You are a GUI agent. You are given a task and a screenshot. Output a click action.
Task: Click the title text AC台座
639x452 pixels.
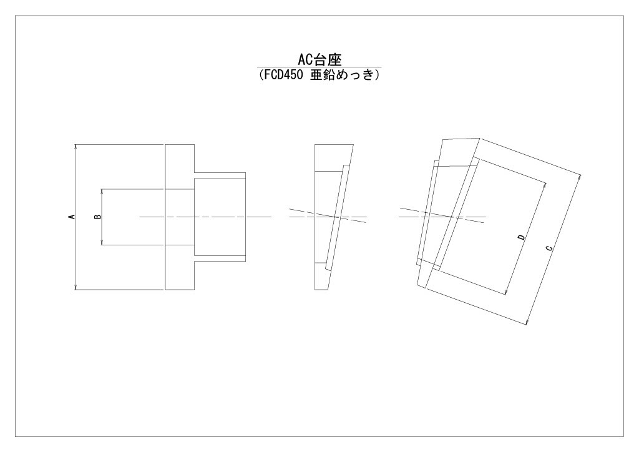pos(319,60)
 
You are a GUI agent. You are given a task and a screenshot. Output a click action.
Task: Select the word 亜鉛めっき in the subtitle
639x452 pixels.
pos(341,75)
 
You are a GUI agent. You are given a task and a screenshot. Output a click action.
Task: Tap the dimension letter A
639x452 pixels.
pos(72,217)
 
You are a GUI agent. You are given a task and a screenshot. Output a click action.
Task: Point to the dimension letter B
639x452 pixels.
pos(98,217)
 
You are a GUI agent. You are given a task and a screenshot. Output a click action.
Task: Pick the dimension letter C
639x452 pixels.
pos(549,247)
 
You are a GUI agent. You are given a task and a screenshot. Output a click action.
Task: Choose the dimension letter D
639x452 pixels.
pos(521,237)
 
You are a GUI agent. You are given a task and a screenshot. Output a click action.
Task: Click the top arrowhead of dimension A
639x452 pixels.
pos(76,147)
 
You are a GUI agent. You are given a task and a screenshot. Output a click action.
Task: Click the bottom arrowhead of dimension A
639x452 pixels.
pos(76,287)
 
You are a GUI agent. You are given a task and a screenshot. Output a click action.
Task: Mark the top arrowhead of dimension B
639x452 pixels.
pos(102,192)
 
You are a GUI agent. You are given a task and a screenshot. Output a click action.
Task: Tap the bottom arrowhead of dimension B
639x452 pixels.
pos(102,242)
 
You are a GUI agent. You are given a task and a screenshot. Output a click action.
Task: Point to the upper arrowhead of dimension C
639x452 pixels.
pos(579,177)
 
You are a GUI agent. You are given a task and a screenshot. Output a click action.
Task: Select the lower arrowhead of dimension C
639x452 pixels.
pos(527,322)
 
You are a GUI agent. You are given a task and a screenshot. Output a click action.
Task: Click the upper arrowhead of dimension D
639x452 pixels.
pos(545,184)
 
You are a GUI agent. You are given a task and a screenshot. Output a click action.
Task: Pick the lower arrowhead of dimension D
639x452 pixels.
pos(506,292)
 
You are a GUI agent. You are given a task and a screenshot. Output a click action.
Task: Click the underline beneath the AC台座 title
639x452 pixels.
pos(319,67)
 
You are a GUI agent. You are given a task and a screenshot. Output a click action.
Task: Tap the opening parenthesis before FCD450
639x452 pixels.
pos(261,75)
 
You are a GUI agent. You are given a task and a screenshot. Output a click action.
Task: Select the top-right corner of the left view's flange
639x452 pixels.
pos(195,144)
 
